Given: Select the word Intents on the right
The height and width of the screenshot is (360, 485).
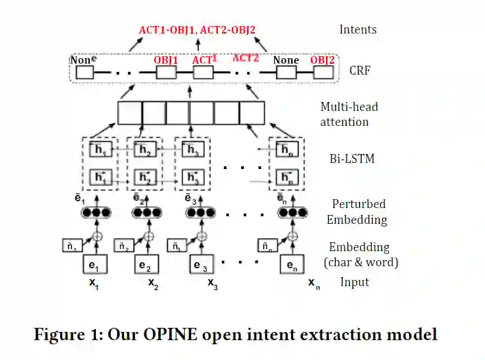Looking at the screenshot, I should point(358,29).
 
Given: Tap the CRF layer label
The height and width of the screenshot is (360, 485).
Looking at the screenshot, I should point(360,70).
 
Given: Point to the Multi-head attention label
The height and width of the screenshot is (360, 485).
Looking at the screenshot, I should point(349,114).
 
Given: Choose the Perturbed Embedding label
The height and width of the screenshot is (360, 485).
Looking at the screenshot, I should point(358,211).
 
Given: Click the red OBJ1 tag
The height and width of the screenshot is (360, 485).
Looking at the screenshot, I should point(166,60).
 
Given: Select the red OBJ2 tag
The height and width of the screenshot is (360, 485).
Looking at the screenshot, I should point(322,60).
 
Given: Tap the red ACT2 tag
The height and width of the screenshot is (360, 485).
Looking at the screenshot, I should point(246,57).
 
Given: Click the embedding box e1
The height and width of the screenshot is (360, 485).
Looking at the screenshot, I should point(95,265).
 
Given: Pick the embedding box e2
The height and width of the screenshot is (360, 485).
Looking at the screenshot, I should point(144,265).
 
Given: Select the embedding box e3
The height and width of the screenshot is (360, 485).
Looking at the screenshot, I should point(199,265).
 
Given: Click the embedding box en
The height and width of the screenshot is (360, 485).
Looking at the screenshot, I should point(291,265).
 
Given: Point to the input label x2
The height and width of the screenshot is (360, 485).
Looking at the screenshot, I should point(153,283).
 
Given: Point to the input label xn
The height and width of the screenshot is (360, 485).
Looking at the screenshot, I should point(313,283).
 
